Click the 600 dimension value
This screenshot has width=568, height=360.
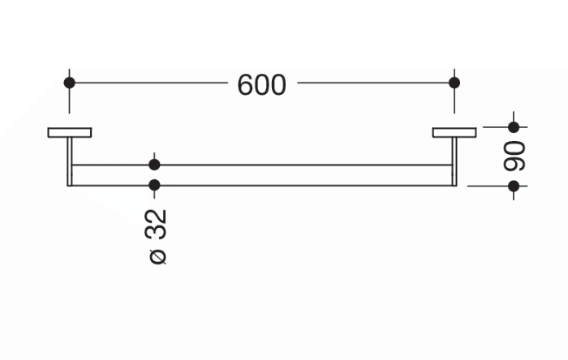pos(261,85)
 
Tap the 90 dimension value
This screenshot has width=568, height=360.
pos(514,156)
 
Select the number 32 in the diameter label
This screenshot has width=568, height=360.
pos(156,225)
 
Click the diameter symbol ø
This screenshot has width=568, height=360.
pos(157,256)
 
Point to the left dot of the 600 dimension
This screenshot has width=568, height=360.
pos(69,83)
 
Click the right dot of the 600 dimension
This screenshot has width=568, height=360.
pos(454,83)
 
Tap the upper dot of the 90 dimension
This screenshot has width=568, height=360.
pos(514,127)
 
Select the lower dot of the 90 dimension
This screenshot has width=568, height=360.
pos(514,186)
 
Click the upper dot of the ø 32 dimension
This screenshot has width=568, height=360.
pos(154,165)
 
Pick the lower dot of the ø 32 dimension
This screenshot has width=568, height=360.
pos(154,185)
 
